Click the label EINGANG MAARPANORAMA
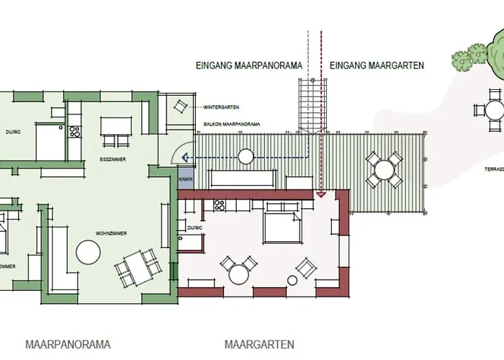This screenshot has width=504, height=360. tap(249, 66)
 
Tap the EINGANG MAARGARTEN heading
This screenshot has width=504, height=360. tap(377, 66)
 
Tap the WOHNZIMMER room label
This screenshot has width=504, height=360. tap(111, 234)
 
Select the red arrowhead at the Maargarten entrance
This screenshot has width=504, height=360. tap(322, 193)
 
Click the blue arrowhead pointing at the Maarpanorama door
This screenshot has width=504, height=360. tap(184, 157)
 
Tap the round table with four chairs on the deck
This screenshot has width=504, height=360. tap(383, 170)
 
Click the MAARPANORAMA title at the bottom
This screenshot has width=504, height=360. tap(68, 345)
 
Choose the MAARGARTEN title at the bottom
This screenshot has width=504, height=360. tap(259, 345)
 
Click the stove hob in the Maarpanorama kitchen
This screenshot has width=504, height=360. tap(73, 132)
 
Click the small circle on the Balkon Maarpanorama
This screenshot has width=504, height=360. tap(246, 156)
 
